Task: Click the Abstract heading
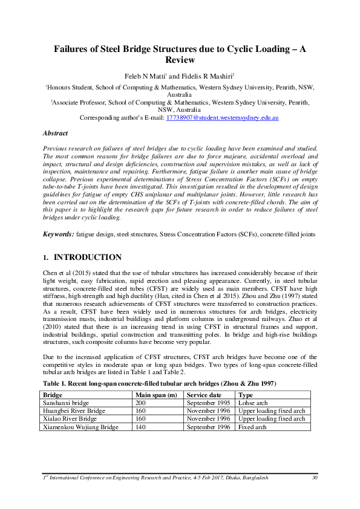tap(55, 133)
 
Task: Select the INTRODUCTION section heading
tap(88, 258)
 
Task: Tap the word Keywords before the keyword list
tap(58, 234)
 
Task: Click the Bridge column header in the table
tap(53, 395)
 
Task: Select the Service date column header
tap(206, 395)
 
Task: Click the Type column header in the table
tap(246, 395)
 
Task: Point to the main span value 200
tap(141, 403)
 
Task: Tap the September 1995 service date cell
tap(209, 403)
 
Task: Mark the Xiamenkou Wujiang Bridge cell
tap(80, 426)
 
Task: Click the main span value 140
tap(141, 426)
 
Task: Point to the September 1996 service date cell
tap(209, 426)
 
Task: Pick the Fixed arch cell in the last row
tap(253, 426)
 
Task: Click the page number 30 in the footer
tap(314, 478)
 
